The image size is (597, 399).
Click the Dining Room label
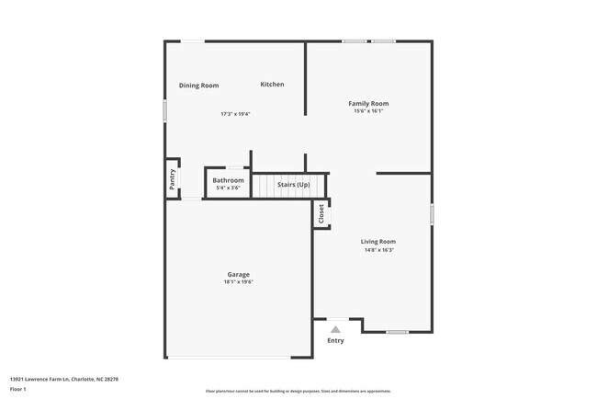pos(198,85)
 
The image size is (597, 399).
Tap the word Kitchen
pos(272,85)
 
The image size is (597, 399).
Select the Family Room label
pos(368,104)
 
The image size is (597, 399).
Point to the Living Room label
pos(377,242)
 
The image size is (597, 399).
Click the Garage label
pos(238,274)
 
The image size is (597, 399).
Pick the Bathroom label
pos(228,180)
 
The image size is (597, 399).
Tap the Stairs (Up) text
pos(294,185)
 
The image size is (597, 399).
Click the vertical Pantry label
pos(172,177)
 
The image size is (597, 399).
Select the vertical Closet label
pos(321,215)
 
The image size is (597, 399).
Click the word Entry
pos(335,341)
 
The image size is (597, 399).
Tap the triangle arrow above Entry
pos(335,328)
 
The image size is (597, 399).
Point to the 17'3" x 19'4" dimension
pos(235,114)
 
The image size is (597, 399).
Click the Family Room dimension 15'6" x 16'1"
pos(368,112)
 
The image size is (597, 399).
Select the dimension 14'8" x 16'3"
pos(377,250)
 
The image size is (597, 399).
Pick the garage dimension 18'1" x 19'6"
pos(238,282)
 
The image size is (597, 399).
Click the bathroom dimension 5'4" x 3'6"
pos(228,188)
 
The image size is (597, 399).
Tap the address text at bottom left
pos(63,379)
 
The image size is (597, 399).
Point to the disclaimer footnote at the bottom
pos(298,391)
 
